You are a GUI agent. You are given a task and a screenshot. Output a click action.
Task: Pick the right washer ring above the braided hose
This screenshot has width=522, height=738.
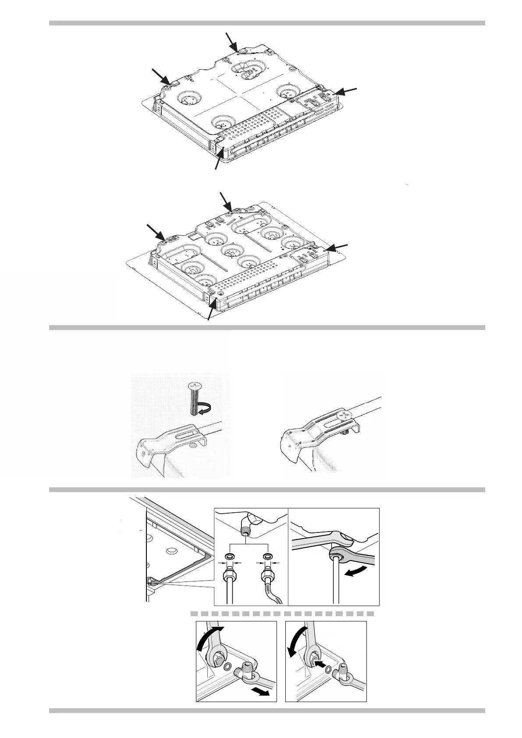coord(266,556)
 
